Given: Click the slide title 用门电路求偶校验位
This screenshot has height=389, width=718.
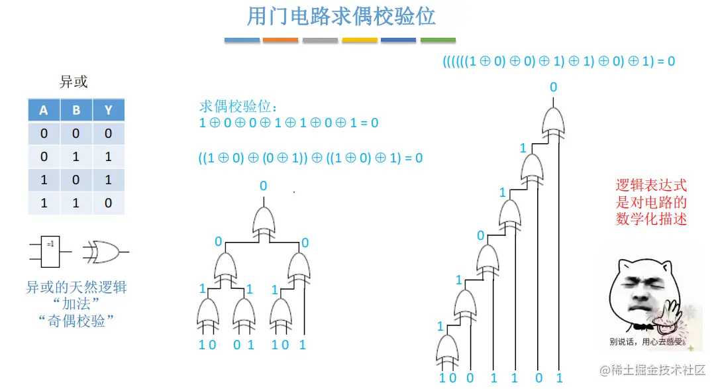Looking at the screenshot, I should [x=341, y=16].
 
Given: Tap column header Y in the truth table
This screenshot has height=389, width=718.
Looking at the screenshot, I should [x=108, y=110].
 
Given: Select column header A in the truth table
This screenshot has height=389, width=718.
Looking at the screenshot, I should [x=44, y=110].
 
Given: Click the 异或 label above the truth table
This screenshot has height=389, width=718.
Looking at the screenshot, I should [x=74, y=82].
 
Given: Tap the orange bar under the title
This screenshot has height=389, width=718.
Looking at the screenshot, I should [x=280, y=40].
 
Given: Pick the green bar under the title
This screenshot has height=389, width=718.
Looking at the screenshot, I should [x=438, y=40].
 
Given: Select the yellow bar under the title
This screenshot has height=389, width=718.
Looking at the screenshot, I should [x=360, y=40].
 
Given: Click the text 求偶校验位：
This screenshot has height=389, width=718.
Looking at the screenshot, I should [x=239, y=107].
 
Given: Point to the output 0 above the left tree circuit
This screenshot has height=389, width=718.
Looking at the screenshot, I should [x=263, y=186].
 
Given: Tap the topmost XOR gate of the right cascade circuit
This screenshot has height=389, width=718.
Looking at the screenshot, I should [x=554, y=121].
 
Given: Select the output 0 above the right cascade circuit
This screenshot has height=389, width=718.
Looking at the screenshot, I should [x=553, y=87].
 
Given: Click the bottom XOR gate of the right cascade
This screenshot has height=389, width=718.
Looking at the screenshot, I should [x=448, y=349].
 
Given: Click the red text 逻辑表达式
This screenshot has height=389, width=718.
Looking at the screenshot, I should [x=652, y=185].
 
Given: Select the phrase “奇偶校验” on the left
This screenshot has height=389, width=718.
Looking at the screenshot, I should [x=76, y=321].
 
